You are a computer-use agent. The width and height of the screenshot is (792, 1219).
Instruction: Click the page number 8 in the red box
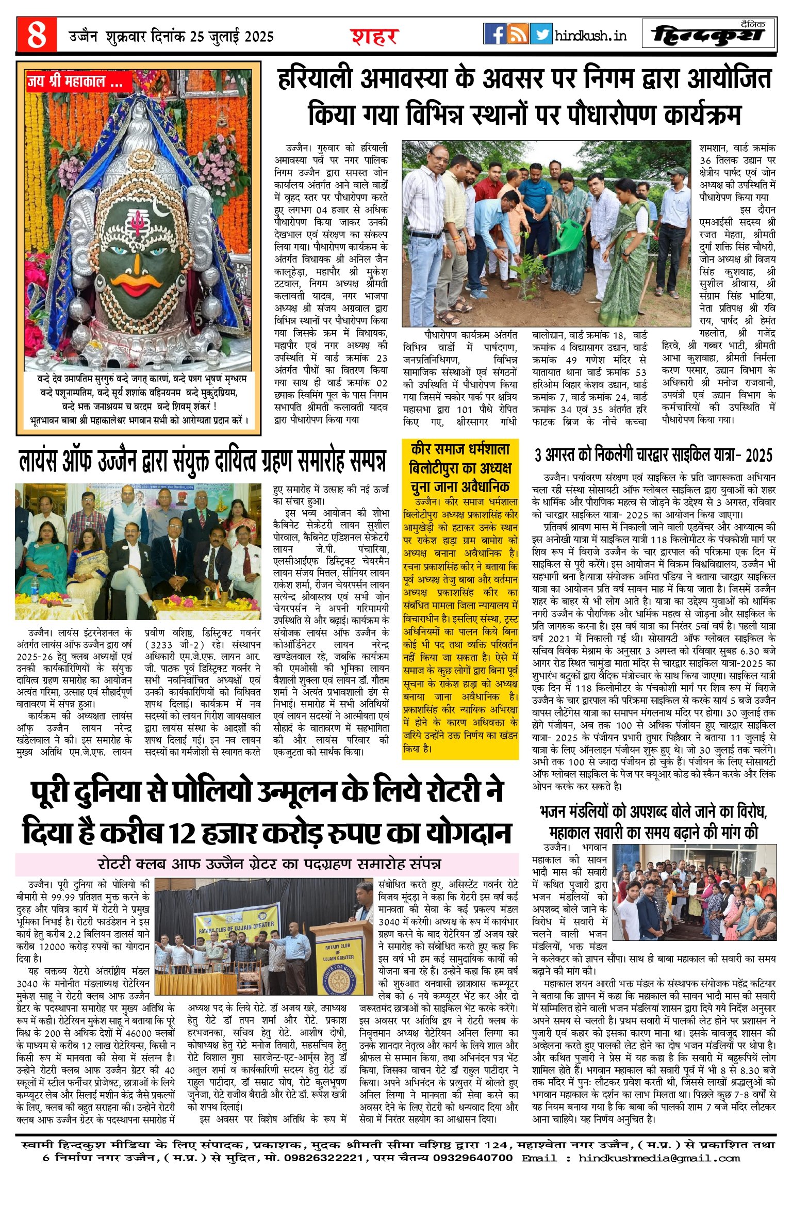pyautogui.click(x=36, y=35)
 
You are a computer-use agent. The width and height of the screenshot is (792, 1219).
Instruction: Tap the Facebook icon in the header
pyautogui.click(x=494, y=34)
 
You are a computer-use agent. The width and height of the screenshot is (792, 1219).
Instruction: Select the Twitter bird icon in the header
pyautogui.click(x=541, y=34)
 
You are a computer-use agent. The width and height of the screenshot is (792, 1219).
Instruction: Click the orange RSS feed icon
pyautogui.click(x=518, y=34)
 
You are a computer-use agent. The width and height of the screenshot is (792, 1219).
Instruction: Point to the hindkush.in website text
pyautogui.click(x=591, y=35)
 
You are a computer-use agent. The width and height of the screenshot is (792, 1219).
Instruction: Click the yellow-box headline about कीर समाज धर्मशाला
pyautogui.click(x=460, y=467)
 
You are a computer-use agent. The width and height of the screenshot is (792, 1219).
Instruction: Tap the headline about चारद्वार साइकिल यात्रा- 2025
pyautogui.click(x=653, y=455)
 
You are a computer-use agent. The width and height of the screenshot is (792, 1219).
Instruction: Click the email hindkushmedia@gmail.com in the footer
pyautogui.click(x=659, y=1158)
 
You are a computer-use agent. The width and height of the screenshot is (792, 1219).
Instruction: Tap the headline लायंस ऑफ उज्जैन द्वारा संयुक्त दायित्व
pyautogui.click(x=202, y=461)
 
